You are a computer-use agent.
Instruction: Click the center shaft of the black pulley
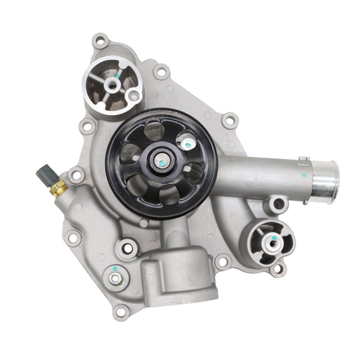(161, 161)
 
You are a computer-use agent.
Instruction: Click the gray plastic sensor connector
(44, 173)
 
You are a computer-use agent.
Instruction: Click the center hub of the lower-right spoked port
(272, 241)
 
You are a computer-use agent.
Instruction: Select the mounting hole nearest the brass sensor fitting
(77, 176)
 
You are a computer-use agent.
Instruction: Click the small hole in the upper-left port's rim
(133, 96)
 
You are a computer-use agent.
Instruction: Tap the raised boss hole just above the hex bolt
(127, 248)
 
